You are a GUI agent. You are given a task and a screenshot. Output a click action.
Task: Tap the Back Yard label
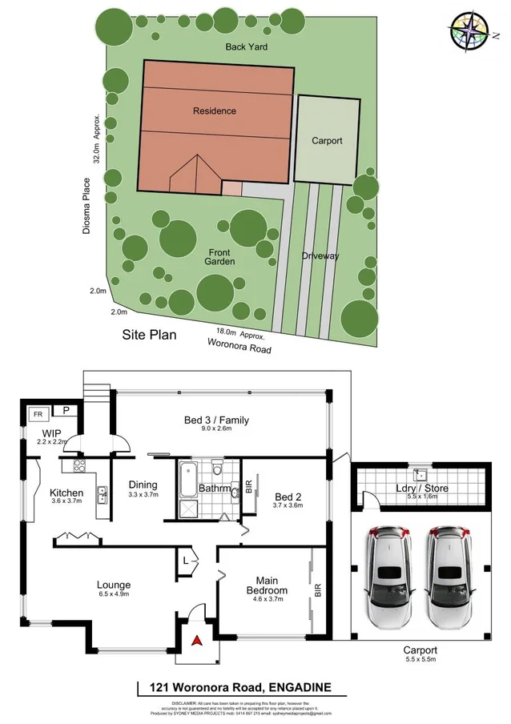point(246,47)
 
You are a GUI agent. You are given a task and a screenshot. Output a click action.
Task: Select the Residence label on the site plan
point(214,111)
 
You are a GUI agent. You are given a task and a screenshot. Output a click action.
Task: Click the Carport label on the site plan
point(327,141)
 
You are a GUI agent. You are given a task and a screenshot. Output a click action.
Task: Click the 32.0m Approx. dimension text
point(96,138)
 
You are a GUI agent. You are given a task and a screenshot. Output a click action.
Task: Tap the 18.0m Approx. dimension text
point(240,336)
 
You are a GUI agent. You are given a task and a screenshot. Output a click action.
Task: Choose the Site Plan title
point(148,335)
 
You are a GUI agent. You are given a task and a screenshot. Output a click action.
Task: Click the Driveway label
point(320,256)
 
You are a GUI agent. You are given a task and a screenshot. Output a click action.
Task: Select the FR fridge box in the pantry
point(37,414)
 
